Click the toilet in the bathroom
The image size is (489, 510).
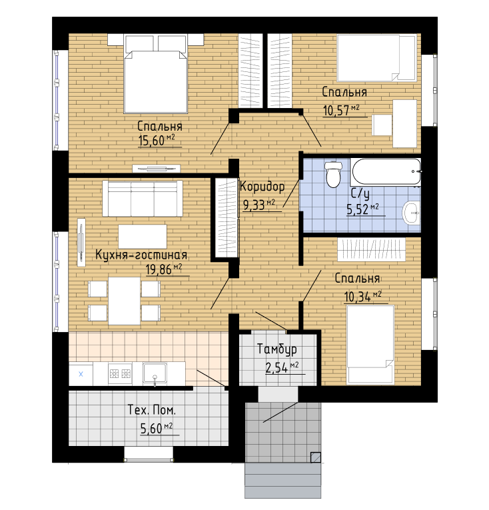pos(333,174)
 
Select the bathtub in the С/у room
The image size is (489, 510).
pos(386,171)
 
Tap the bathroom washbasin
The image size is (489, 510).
pos(412,213)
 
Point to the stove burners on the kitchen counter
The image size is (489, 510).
pos(120,373)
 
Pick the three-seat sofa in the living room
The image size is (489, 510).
pos(143,199)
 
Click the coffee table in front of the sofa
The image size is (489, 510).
pos(143,237)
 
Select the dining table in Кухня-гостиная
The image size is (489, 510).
pos(124,301)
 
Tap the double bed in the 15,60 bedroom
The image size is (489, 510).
pos(155,74)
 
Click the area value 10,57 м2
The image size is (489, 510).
pos(341,110)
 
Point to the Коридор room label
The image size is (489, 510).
pos(262,187)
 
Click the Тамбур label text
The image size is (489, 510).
pos(277,349)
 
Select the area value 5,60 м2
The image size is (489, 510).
pos(157,429)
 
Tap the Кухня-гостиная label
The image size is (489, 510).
pos(141,255)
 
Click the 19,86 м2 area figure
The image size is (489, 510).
pos(164,269)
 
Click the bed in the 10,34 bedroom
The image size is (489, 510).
pos(370,344)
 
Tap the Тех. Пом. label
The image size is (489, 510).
pos(152,410)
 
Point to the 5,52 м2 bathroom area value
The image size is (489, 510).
pos(363,209)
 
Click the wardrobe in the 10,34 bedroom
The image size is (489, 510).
pos(371,249)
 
